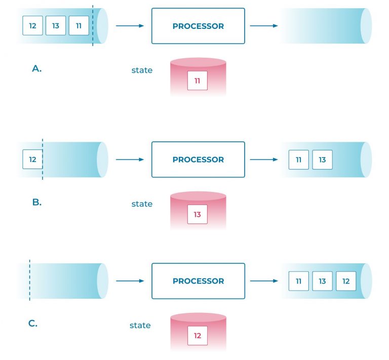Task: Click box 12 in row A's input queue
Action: tap(32, 26)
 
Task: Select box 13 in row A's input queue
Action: tap(56, 26)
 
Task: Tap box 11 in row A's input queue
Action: tap(79, 26)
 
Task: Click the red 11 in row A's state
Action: tap(198, 81)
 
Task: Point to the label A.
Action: tap(36, 69)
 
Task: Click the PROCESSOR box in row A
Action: tap(198, 26)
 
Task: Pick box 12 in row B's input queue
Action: tap(32, 159)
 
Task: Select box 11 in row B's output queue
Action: tap(299, 159)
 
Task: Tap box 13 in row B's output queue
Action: tap(322, 159)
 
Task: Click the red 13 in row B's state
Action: tap(198, 214)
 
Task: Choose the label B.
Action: tap(36, 202)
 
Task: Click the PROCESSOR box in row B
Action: tap(198, 159)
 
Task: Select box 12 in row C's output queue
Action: tap(346, 281)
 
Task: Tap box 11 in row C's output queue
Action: tap(299, 281)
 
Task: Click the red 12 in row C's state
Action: tap(198, 336)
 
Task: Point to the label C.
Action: tap(33, 324)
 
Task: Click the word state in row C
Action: tap(140, 325)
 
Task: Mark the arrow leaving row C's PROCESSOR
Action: tap(264, 281)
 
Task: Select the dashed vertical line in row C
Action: tap(30, 281)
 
